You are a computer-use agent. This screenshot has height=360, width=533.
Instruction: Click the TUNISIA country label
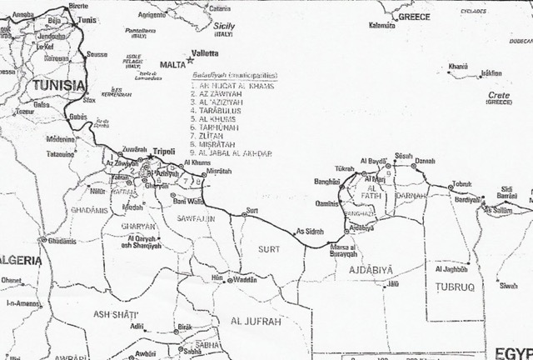click(55, 85)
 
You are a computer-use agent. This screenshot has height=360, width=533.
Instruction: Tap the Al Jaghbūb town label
click(452, 269)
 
